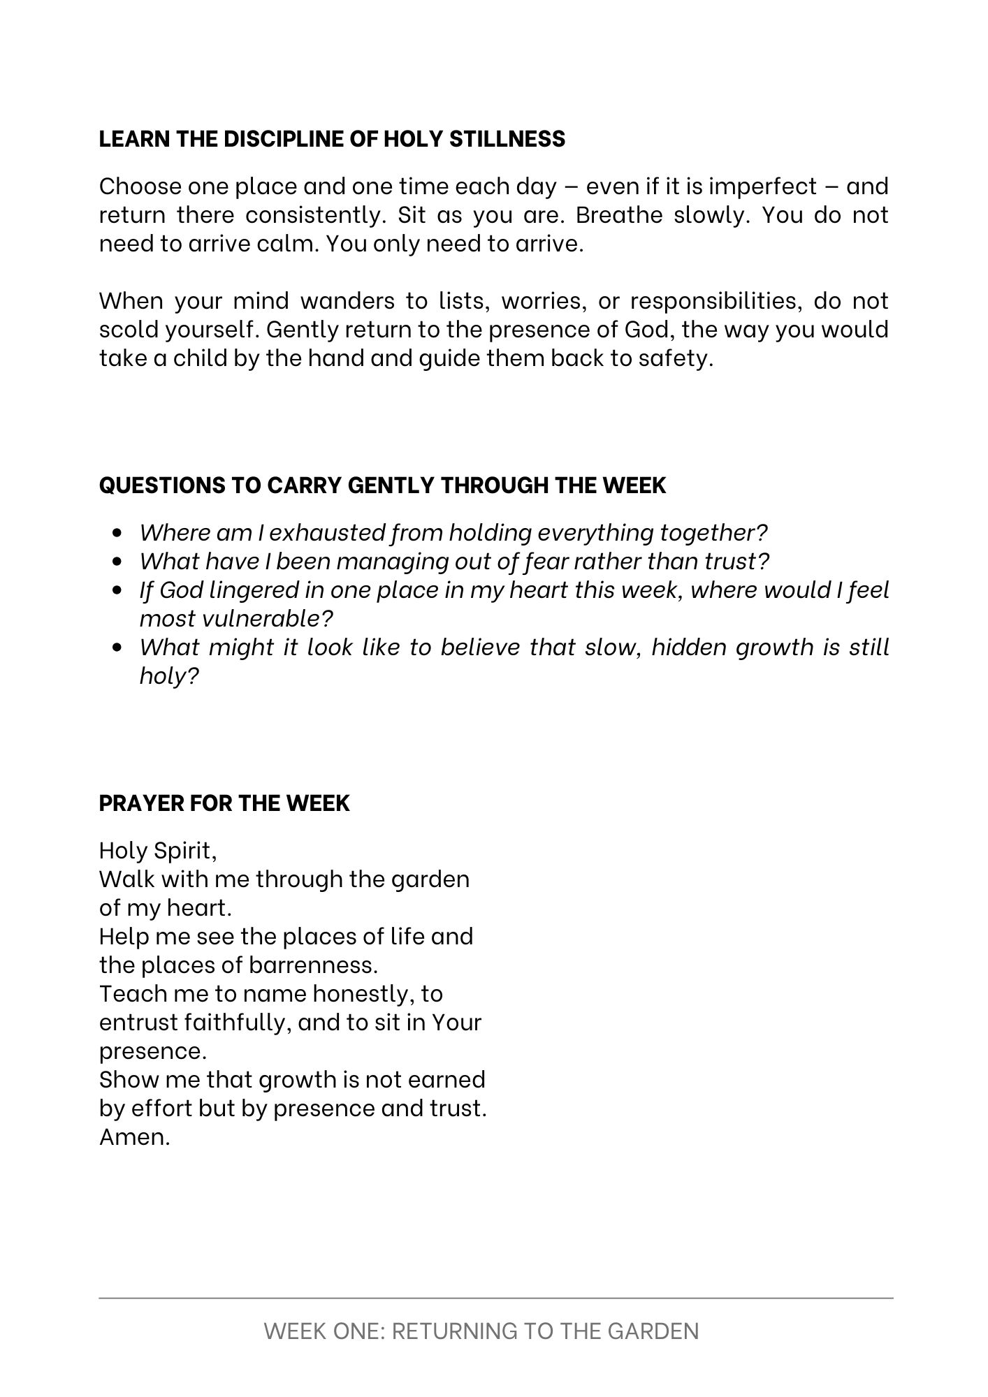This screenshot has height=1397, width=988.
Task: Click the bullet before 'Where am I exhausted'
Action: pos(117,533)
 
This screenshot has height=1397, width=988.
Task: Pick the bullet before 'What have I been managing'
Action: pos(117,562)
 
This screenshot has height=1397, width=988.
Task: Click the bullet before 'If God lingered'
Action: pos(117,590)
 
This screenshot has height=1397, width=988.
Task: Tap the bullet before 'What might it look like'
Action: pos(117,648)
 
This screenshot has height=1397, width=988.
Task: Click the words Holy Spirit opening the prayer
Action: pos(158,851)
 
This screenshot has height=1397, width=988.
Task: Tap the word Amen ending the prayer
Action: pos(134,1137)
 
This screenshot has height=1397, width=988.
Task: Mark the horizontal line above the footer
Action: pos(495,1299)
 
